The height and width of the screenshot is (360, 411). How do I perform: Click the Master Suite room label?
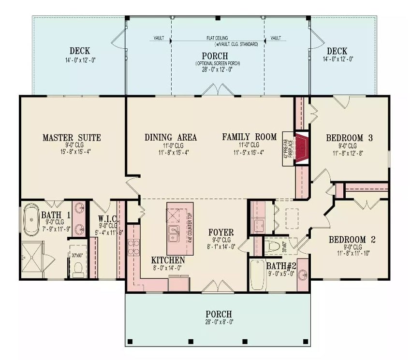[72, 138]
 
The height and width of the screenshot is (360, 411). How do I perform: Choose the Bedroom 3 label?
[349, 138]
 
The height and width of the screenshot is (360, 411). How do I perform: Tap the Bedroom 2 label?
[352, 239]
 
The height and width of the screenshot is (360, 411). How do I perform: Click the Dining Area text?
[171, 138]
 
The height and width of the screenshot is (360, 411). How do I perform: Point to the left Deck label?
[79, 51]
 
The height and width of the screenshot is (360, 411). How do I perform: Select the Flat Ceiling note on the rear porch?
[217, 38]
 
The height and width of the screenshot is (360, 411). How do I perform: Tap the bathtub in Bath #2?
[256, 274]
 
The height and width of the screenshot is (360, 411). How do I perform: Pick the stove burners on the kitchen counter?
[133, 248]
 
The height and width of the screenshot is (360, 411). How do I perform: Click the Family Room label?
[249, 138]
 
